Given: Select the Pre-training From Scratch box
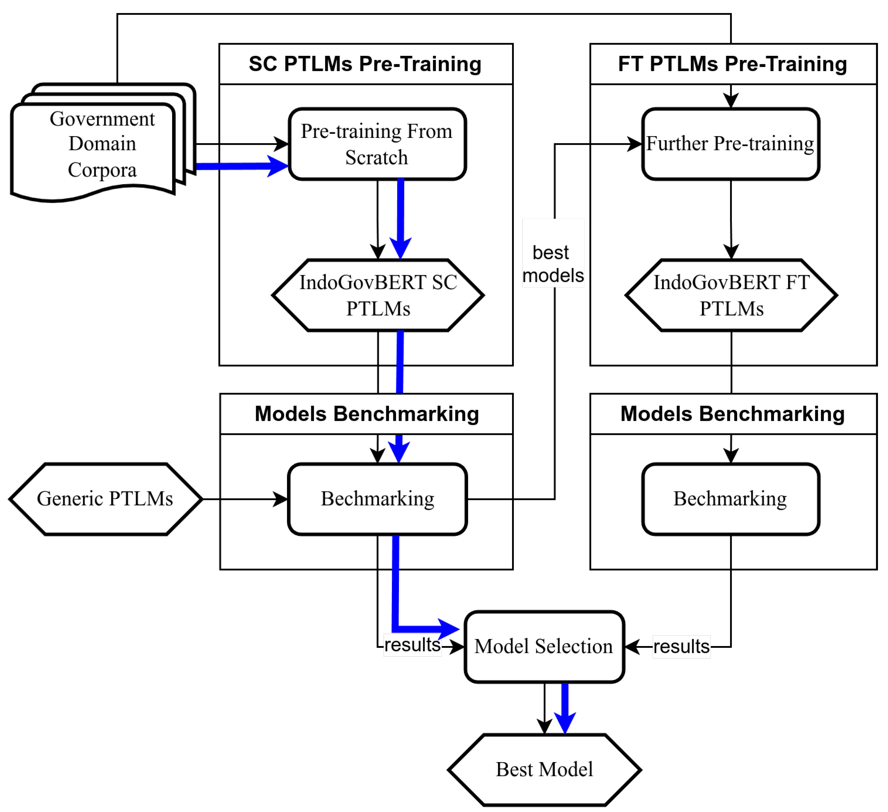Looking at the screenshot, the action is (377, 144).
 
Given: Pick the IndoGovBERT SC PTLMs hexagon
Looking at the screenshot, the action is (378, 295).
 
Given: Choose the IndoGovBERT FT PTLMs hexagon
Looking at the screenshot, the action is (731, 295).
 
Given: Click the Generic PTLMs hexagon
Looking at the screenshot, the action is (106, 499).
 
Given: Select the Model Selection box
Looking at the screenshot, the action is (545, 647).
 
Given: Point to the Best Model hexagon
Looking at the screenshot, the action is (545, 770).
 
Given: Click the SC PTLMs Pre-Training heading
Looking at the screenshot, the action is (365, 64).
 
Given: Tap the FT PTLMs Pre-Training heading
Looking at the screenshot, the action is (732, 64).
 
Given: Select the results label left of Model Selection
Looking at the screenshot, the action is (412, 645).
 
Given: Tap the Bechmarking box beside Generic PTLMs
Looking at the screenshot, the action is (377, 499).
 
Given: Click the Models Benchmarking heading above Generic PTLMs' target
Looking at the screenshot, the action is (367, 414).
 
